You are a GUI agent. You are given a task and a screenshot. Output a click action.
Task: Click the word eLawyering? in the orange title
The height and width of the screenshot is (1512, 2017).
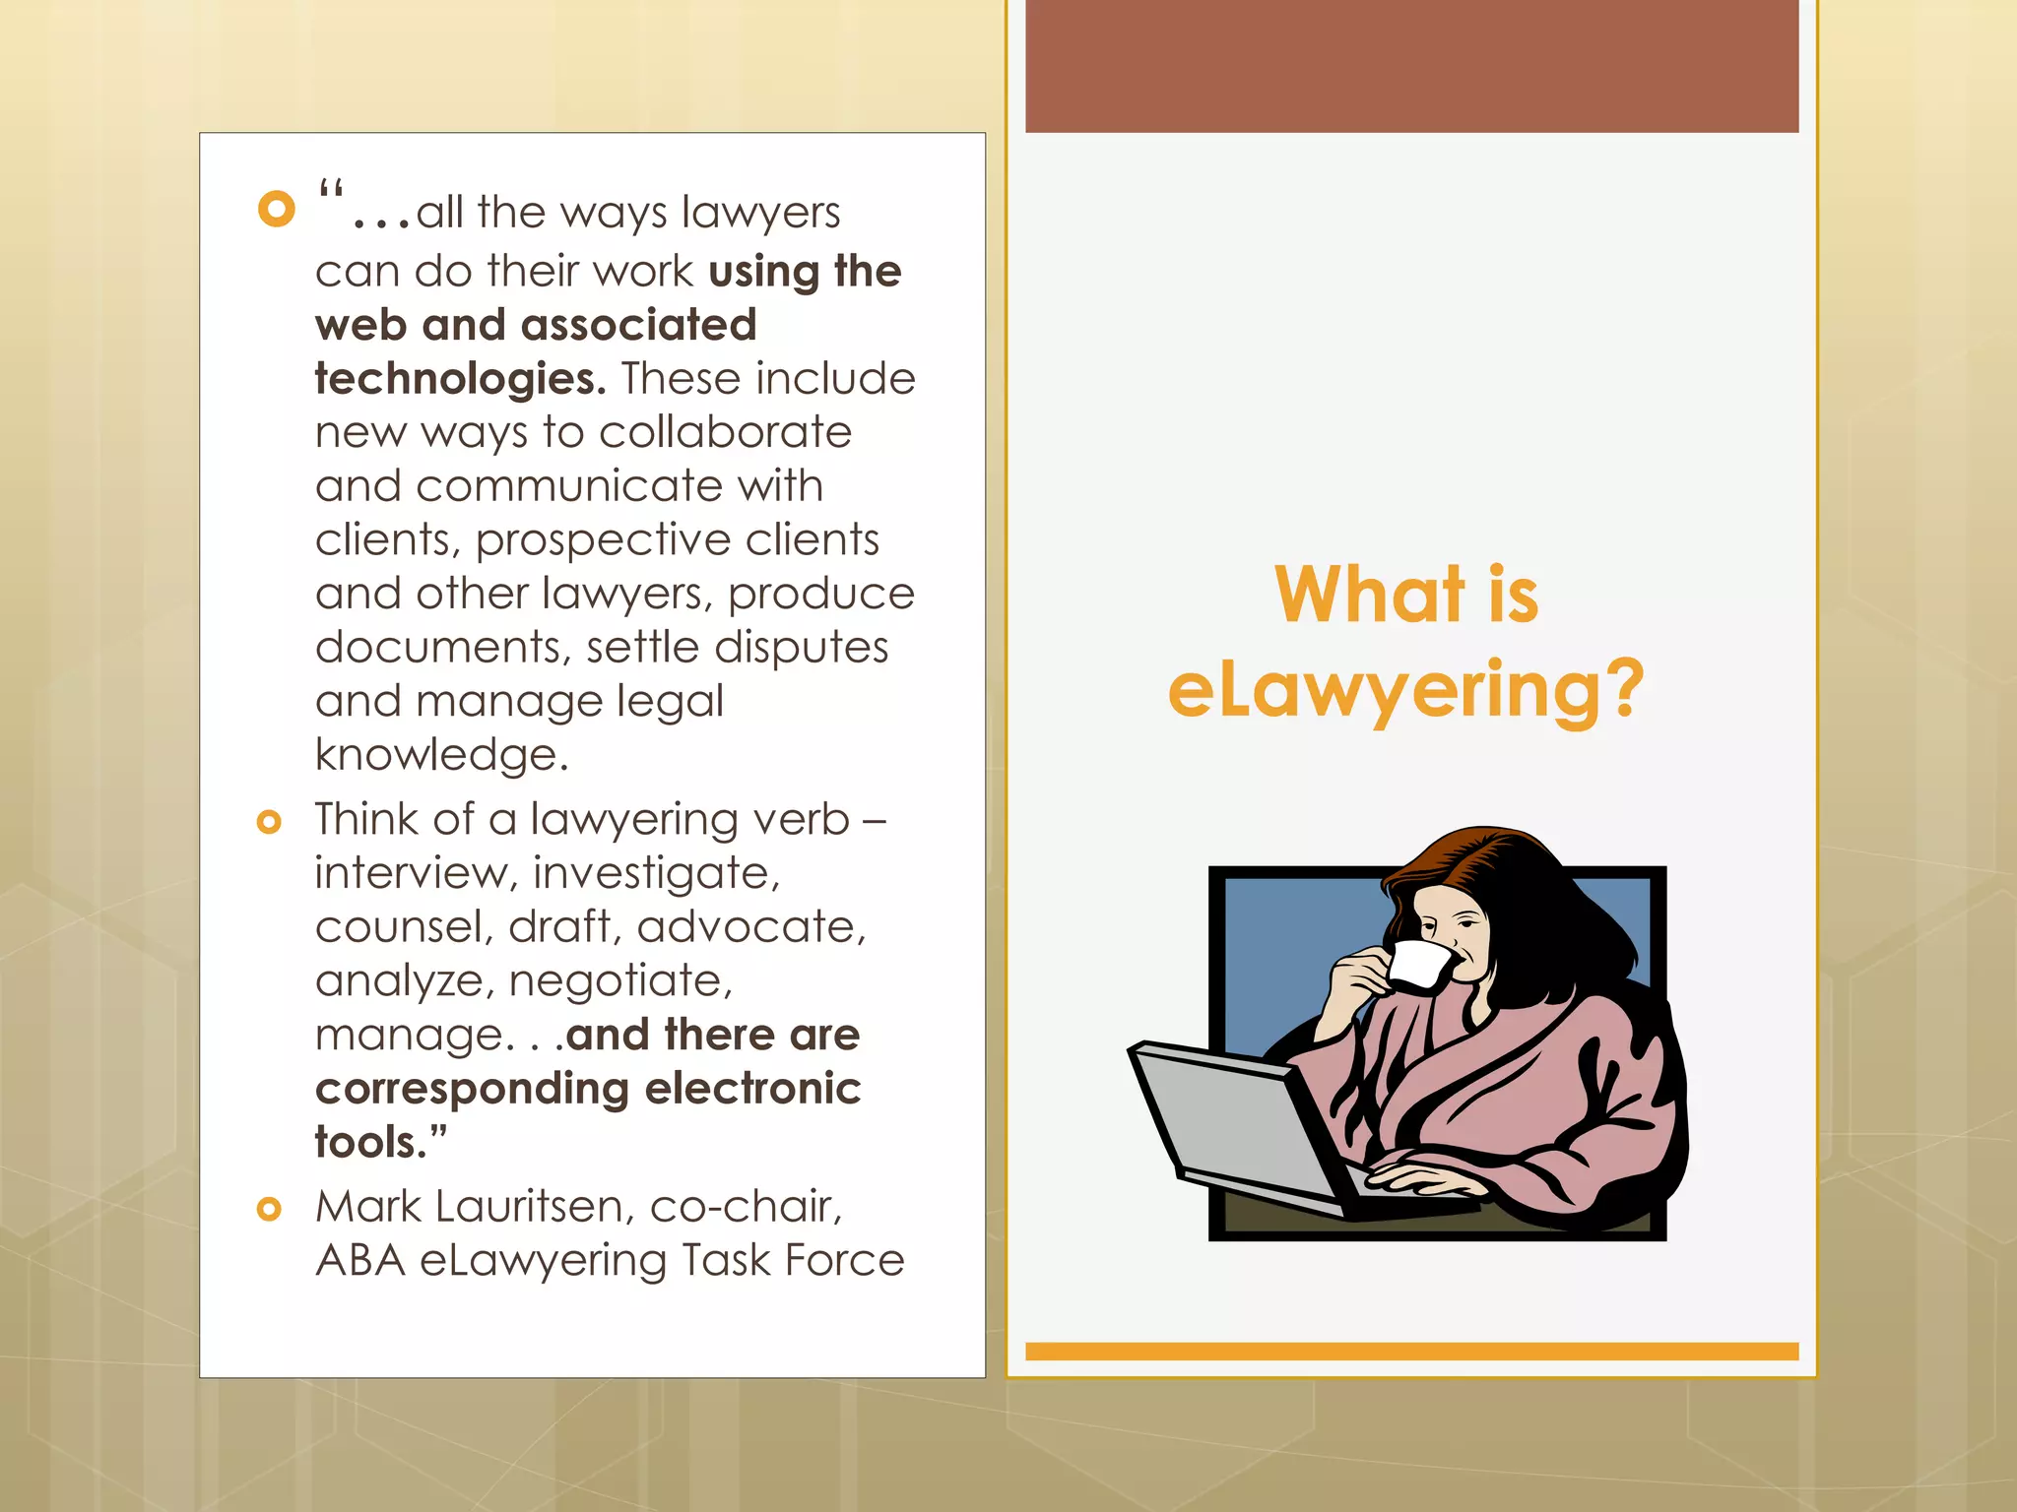(1405, 691)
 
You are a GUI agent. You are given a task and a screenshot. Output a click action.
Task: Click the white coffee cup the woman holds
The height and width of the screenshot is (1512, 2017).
(1418, 966)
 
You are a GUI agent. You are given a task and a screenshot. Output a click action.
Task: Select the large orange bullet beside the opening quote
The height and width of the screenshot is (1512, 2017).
(277, 209)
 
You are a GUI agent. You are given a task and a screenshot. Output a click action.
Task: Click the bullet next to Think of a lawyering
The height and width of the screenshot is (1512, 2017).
(269, 821)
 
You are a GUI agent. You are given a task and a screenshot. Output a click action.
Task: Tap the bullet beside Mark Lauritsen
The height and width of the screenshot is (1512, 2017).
(269, 1208)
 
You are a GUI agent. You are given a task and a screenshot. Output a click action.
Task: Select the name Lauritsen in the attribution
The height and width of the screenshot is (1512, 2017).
(535, 1207)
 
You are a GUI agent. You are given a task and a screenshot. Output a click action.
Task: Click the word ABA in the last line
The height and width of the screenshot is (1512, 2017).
(360, 1261)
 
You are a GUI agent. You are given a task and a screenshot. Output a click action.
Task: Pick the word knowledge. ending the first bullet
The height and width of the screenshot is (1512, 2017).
(441, 755)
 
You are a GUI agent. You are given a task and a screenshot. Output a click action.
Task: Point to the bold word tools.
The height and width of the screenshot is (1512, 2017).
(379, 1142)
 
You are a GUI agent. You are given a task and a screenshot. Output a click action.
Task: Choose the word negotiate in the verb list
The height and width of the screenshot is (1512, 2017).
(620, 981)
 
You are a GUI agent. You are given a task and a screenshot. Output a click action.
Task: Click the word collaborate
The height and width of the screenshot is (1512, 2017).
(725, 433)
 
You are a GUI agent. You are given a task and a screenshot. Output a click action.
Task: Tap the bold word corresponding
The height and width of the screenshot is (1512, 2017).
(472, 1089)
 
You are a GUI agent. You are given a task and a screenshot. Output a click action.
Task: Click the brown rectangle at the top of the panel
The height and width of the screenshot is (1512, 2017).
(1411, 66)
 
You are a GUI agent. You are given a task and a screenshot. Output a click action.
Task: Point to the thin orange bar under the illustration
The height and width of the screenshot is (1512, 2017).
(1411, 1352)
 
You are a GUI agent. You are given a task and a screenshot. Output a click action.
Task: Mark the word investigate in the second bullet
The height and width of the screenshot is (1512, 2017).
(656, 874)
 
